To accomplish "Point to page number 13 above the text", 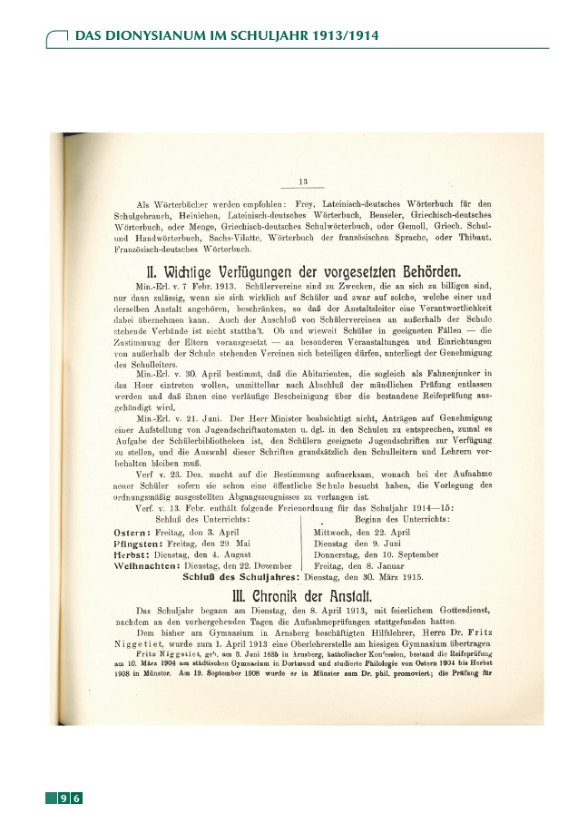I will (x=303, y=181).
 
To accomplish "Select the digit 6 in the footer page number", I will (x=77, y=798).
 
